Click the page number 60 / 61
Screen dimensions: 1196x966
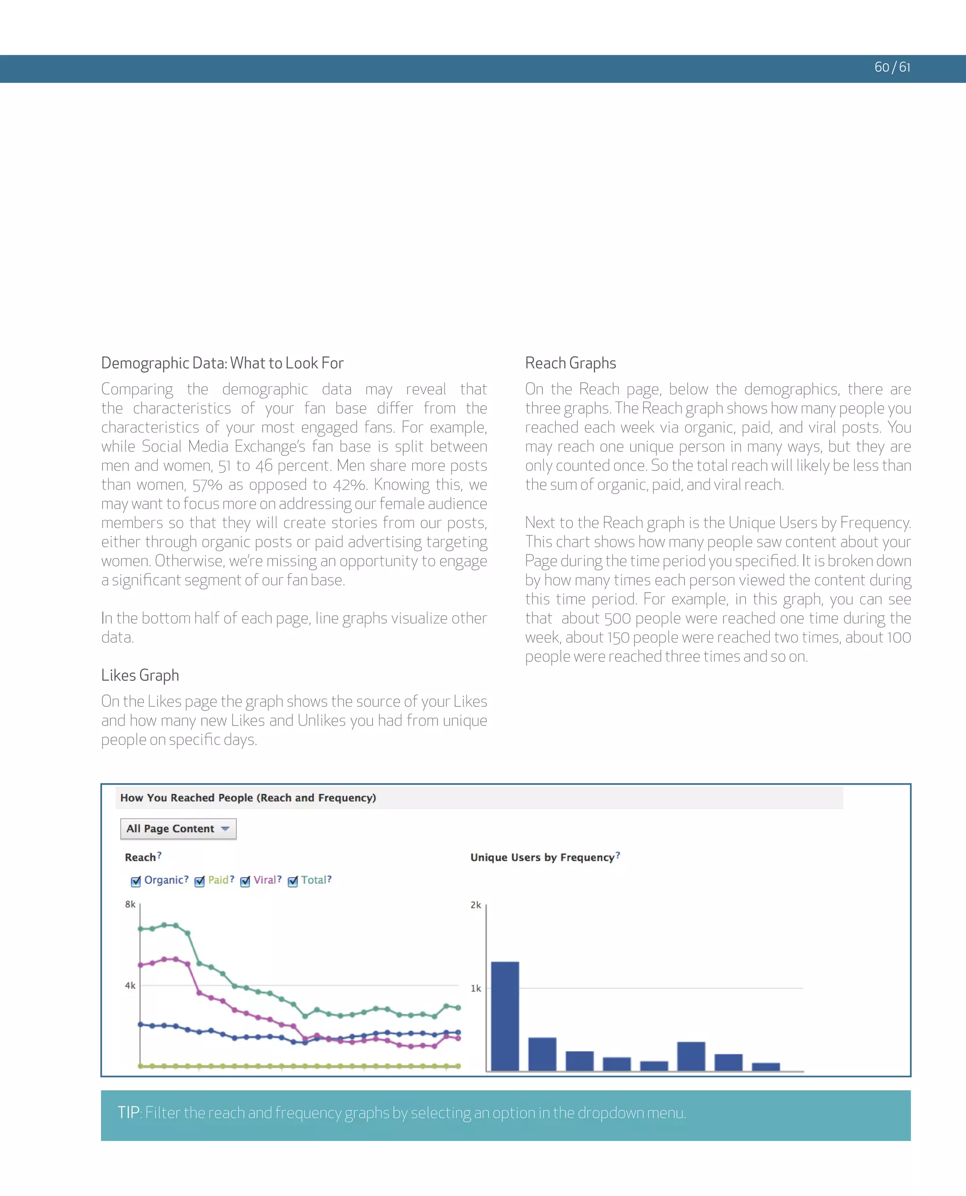892,67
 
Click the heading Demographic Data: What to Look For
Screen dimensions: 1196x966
222,363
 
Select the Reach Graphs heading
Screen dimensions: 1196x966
570,363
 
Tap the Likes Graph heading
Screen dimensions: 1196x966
140,675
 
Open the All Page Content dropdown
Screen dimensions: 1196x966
178,828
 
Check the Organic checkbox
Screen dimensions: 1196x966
136,881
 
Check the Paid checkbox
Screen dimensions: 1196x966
199,881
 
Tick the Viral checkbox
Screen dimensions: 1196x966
245,881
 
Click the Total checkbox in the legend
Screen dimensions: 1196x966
293,881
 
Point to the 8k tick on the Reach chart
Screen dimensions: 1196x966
130,904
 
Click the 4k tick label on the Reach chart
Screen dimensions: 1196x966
130,986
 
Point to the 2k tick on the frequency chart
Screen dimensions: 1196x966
476,905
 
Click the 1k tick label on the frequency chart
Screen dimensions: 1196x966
476,988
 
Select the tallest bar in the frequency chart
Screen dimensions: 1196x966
505,1016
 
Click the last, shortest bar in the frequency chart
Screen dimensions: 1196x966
766,1066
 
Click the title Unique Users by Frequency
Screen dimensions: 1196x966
542,857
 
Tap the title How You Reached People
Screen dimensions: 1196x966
248,797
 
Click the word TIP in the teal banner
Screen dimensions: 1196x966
129,1112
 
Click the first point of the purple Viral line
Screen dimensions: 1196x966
140,965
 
